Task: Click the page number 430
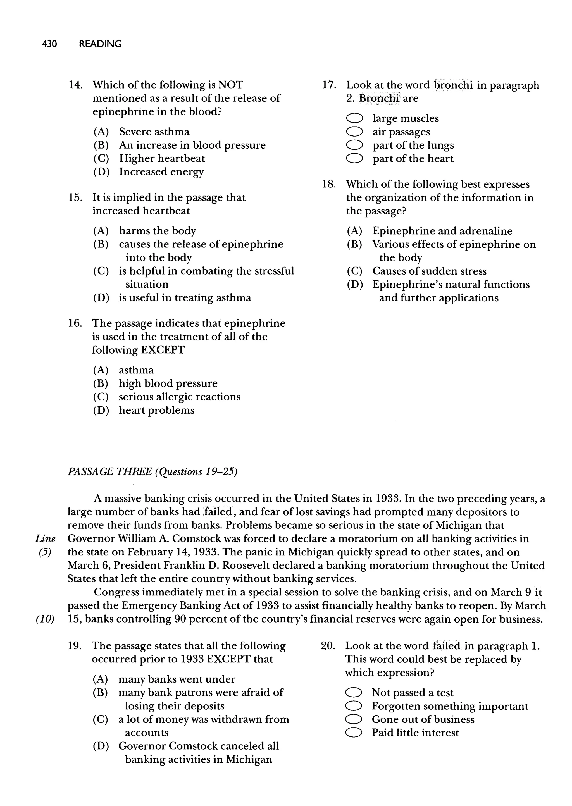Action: point(49,44)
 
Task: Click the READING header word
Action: point(100,44)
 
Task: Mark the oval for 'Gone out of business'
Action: point(353,719)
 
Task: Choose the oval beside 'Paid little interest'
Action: point(353,733)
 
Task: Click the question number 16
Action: point(75,323)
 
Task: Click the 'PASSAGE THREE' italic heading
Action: point(109,471)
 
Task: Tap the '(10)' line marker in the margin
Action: point(45,619)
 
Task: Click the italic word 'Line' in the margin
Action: point(46,539)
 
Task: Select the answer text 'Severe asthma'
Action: point(154,132)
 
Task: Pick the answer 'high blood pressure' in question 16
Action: point(168,383)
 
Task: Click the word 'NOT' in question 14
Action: point(231,85)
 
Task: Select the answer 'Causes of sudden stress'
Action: point(429,271)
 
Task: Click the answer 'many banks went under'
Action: point(177,679)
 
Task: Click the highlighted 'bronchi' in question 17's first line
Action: point(453,85)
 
